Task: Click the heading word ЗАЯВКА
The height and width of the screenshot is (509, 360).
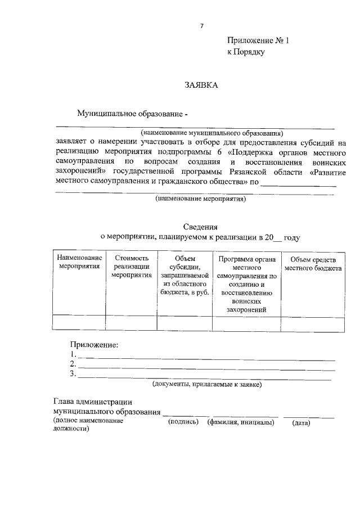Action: [200, 85]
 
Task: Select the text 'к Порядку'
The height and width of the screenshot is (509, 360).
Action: [246, 52]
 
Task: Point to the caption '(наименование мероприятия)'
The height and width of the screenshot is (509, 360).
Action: [201, 199]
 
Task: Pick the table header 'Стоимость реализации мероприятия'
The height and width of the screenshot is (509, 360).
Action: [131, 267]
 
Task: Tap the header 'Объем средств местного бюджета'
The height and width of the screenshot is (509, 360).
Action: [313, 263]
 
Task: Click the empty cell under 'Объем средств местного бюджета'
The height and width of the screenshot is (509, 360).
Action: [313, 322]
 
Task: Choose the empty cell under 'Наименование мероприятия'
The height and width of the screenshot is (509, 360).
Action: [79, 322]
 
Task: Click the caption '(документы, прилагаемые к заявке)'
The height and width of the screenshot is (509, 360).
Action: [207, 385]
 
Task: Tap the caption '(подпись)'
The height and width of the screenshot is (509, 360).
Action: [184, 422]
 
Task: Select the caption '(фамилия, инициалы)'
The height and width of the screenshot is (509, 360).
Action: [241, 422]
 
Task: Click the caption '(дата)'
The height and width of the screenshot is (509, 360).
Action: [301, 423]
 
